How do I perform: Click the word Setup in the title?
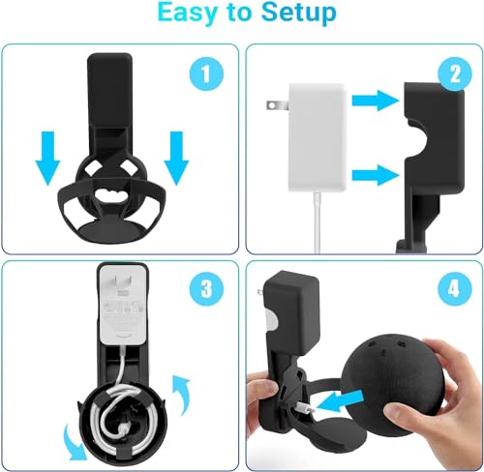(295, 15)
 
